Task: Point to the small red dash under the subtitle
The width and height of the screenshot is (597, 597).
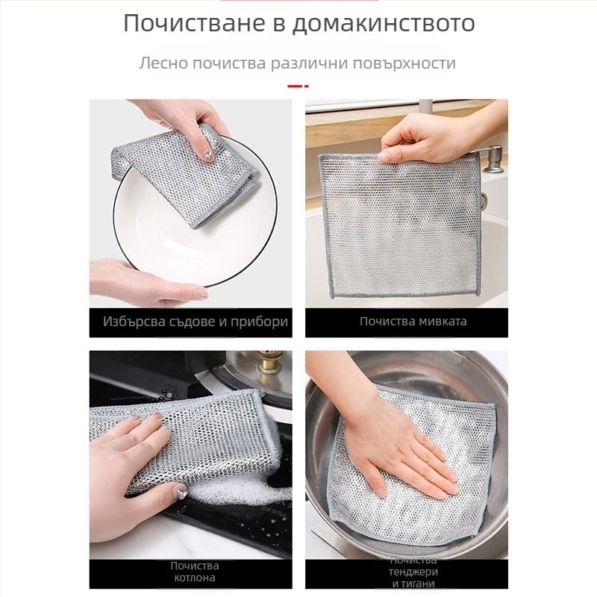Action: (x=298, y=87)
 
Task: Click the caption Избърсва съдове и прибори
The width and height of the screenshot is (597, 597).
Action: (x=196, y=322)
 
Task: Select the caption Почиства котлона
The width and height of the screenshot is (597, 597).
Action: (x=194, y=571)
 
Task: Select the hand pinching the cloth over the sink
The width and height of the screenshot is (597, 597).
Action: (x=418, y=138)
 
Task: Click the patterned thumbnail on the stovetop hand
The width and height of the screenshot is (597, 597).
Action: (x=179, y=493)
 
